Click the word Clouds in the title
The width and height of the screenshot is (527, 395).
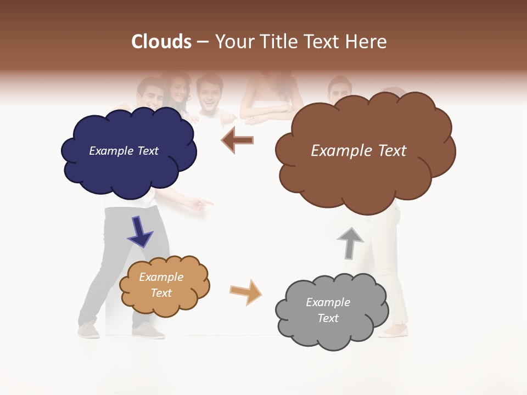(x=161, y=42)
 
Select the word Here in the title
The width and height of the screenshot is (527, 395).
(x=368, y=42)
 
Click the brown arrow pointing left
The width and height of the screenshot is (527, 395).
(x=237, y=140)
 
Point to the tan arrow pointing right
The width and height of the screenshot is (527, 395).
(x=246, y=292)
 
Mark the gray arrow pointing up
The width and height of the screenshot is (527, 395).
(x=350, y=243)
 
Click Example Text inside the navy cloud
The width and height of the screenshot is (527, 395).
(x=124, y=151)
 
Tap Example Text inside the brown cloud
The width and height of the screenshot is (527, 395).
(x=358, y=151)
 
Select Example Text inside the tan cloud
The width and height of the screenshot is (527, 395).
(x=161, y=285)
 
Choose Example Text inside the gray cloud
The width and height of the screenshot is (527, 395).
(x=328, y=310)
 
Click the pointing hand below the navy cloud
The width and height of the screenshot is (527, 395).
(x=200, y=204)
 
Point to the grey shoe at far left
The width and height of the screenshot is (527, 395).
(x=89, y=330)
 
